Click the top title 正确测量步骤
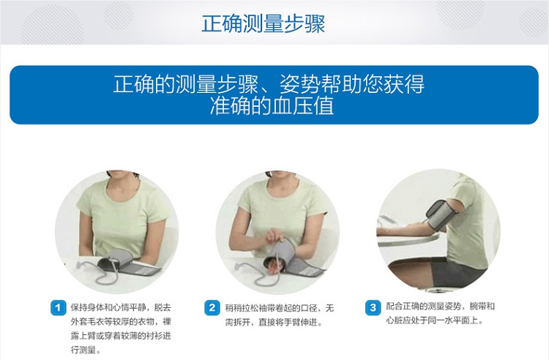click(264, 23)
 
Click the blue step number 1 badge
click(58, 308)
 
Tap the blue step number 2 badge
click(212, 308)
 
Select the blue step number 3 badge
click(373, 308)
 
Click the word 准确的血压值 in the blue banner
click(272, 106)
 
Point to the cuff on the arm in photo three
click(442, 215)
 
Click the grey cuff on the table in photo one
click(129, 263)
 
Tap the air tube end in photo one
click(81, 264)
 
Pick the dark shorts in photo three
click(455, 272)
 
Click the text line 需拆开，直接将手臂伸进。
click(274, 322)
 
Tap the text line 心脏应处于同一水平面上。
click(435, 320)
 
